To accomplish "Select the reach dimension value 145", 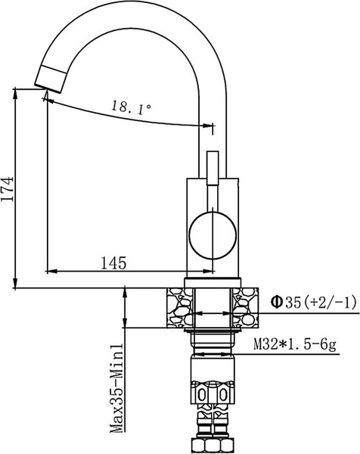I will pyautogui.click(x=112, y=263).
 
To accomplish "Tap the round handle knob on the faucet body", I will pyautogui.click(x=211, y=234).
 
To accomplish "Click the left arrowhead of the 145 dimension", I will pyautogui.click(x=51, y=271).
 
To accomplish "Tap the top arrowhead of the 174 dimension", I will pyautogui.click(x=16, y=93).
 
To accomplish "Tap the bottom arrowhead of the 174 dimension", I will pyautogui.click(x=16, y=284).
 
